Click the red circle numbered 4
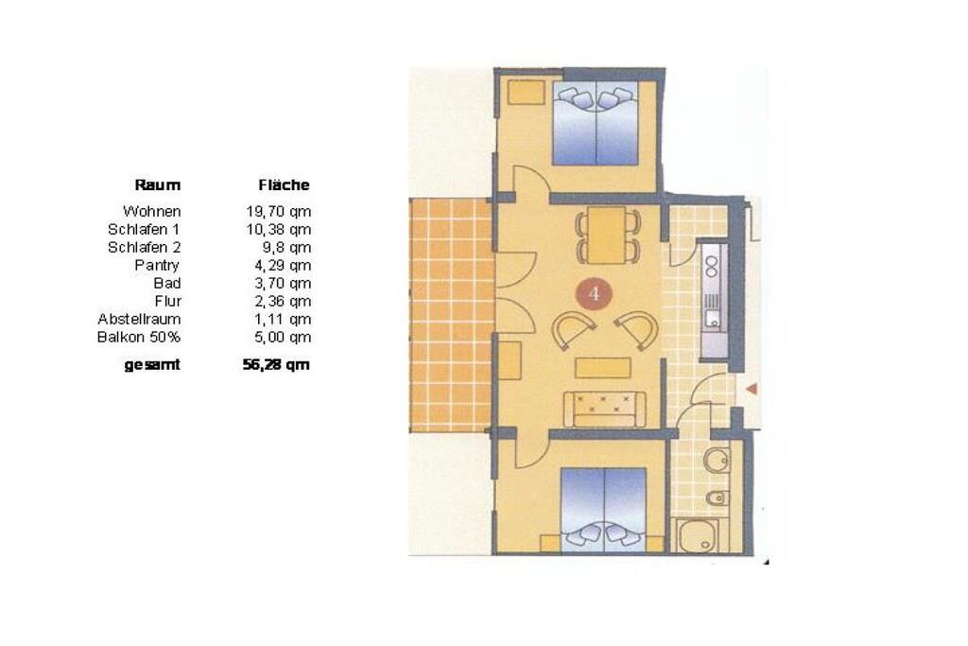point(594,294)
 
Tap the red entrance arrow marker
point(752,389)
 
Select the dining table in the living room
point(608,235)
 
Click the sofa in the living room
point(604,409)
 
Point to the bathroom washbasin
point(717,460)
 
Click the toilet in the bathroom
point(717,498)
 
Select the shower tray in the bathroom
point(698,535)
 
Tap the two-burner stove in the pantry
point(712,264)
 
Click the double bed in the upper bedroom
point(596,123)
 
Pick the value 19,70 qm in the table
point(279,212)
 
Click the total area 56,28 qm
point(276,365)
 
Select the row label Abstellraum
point(139,320)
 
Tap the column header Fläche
point(284,184)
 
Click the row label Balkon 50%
point(139,338)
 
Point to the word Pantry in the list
point(157,266)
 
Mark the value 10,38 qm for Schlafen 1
point(279,230)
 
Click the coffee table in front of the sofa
point(603,368)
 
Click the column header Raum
point(158,184)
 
